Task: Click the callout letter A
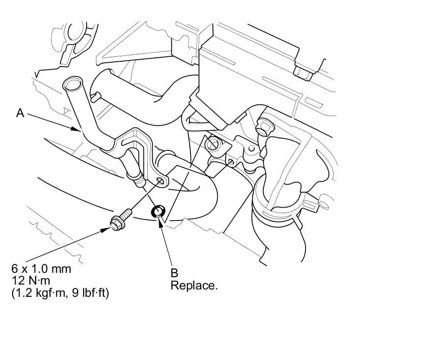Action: coord(20,113)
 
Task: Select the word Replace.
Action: coord(193,286)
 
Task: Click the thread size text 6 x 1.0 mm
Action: coord(42,269)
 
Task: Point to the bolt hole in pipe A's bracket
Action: coord(160,182)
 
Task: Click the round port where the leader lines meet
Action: coord(212,144)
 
